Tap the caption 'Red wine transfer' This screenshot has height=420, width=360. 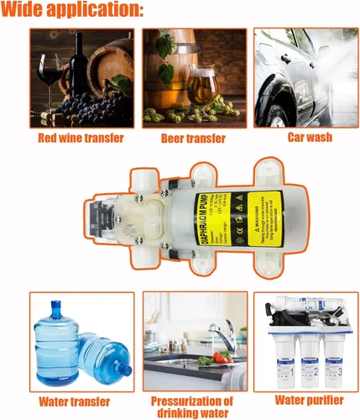tap(81, 138)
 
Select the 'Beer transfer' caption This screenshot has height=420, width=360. tap(194, 138)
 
